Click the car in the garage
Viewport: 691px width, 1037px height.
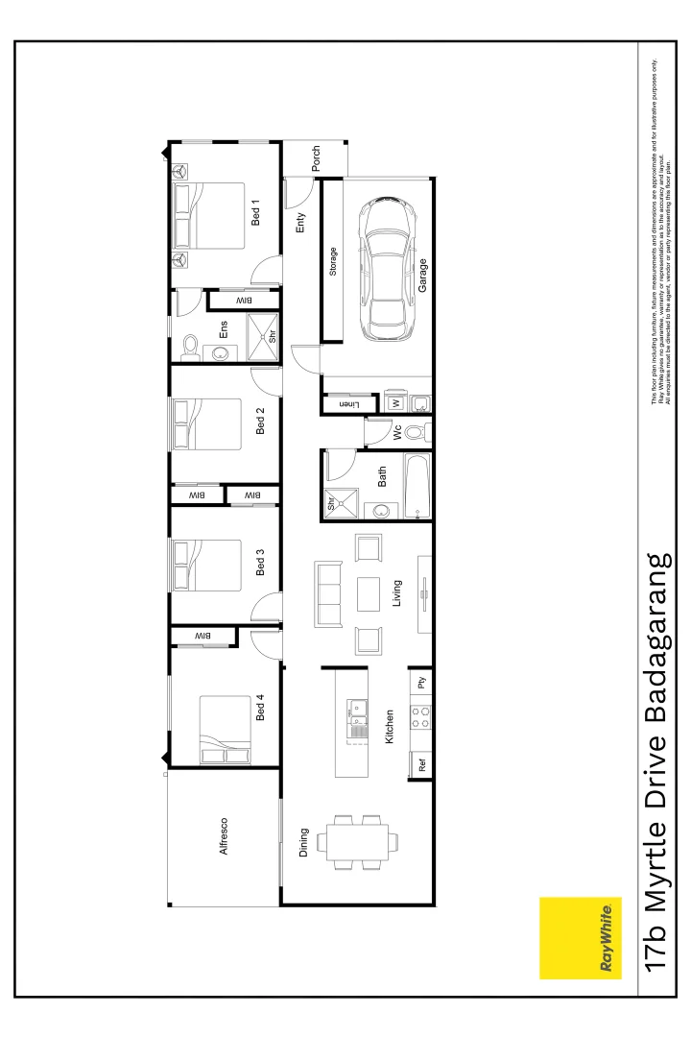click(386, 270)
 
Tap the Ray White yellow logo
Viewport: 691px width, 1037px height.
click(581, 938)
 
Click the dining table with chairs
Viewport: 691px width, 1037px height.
click(360, 842)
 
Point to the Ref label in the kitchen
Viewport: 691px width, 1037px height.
click(420, 765)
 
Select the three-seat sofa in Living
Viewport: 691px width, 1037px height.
click(328, 593)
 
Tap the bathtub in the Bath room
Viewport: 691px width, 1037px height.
click(417, 487)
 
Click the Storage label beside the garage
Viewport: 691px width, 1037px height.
click(333, 262)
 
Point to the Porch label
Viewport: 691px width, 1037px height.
click(316, 159)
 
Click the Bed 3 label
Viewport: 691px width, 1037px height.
click(260, 562)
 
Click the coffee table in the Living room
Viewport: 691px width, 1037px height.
click(369, 593)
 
